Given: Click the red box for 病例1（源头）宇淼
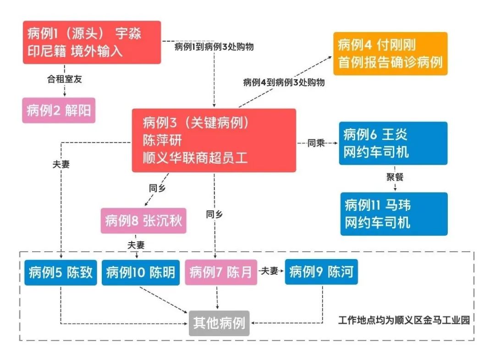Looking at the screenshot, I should pyautogui.click(x=92, y=42).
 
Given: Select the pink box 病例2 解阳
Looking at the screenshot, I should pyautogui.click(x=59, y=111).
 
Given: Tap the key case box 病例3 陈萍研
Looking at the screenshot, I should pyautogui.click(x=214, y=140).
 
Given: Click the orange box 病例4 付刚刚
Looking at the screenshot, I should pyautogui.click(x=390, y=53).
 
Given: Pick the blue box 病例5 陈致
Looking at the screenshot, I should pyautogui.click(x=60, y=272).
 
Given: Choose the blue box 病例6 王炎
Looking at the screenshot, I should pyautogui.click(x=393, y=143).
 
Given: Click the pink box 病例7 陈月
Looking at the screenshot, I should pyautogui.click(x=220, y=272).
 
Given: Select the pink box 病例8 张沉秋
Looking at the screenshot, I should pyautogui.click(x=143, y=221).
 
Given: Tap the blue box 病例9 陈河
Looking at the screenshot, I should pyautogui.click(x=321, y=272).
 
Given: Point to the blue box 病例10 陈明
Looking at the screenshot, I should pyautogui.click(x=141, y=272).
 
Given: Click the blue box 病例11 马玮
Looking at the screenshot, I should pyautogui.click(x=393, y=214).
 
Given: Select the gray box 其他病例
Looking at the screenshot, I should pyautogui.click(x=219, y=323).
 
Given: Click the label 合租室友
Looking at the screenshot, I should pyautogui.click(x=65, y=79).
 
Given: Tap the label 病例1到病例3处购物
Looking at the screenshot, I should pyautogui.click(x=214, y=47).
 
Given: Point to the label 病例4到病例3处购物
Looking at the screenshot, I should pyautogui.click(x=284, y=83).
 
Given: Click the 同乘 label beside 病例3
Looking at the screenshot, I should pyautogui.click(x=316, y=143).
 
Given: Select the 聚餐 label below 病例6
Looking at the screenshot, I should pyautogui.click(x=394, y=177).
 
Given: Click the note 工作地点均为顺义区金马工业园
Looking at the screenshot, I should pyautogui.click(x=404, y=320).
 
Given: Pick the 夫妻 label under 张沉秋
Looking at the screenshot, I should pyautogui.click(x=136, y=245).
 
